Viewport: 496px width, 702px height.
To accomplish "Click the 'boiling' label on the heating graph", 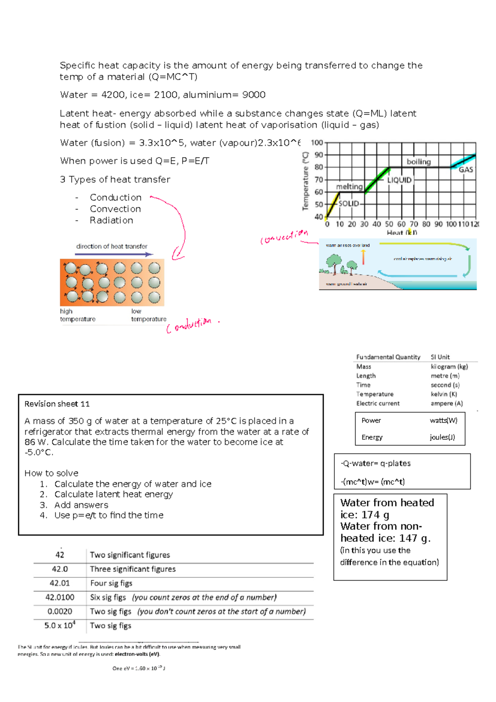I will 418,162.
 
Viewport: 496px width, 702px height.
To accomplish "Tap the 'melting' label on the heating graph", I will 349,187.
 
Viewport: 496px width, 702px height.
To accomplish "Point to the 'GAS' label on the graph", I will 465,170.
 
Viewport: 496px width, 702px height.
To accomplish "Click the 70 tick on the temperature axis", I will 319,180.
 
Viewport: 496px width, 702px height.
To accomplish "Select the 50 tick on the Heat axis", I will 389,224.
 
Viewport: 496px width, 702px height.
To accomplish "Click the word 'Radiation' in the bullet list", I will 111,221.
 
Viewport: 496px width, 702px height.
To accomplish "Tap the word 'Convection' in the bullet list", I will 115,209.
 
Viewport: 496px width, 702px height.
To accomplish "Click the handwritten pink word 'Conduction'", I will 191,325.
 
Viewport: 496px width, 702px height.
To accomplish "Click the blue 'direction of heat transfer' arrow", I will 114,254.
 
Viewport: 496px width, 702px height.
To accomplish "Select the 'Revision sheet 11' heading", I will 57,404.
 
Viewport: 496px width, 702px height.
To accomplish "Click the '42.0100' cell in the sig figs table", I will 60,597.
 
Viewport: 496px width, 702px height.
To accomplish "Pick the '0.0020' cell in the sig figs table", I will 60,611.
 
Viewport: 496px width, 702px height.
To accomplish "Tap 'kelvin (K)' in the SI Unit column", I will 444,394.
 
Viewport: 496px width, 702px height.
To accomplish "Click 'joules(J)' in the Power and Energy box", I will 442,437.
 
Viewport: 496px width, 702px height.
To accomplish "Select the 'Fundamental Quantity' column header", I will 388,357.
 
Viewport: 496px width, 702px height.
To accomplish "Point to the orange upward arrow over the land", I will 364,257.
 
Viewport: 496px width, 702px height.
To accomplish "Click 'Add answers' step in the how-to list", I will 81,505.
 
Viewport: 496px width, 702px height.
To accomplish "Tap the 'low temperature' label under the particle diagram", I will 148,315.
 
